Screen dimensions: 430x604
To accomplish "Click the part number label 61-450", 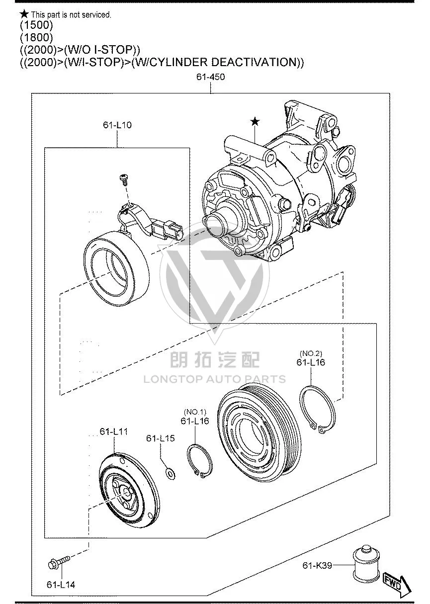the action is (x=210, y=77).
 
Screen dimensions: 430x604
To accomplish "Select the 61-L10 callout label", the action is (x=117, y=125).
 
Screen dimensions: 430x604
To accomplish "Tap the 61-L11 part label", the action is (x=114, y=431).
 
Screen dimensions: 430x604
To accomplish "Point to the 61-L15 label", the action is (x=161, y=438).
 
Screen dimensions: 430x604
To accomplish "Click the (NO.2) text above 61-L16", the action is (x=311, y=353).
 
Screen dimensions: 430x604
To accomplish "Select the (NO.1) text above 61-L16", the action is (x=195, y=412).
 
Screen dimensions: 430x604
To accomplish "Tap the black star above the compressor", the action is (x=255, y=122).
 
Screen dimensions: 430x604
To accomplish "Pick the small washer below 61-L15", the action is (x=170, y=474).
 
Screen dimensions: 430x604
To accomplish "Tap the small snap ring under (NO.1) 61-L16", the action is (x=199, y=462).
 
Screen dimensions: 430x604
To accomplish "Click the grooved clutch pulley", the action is (x=259, y=433).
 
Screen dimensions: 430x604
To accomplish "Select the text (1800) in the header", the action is (x=37, y=37).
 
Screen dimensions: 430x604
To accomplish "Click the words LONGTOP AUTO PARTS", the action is (x=215, y=379).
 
